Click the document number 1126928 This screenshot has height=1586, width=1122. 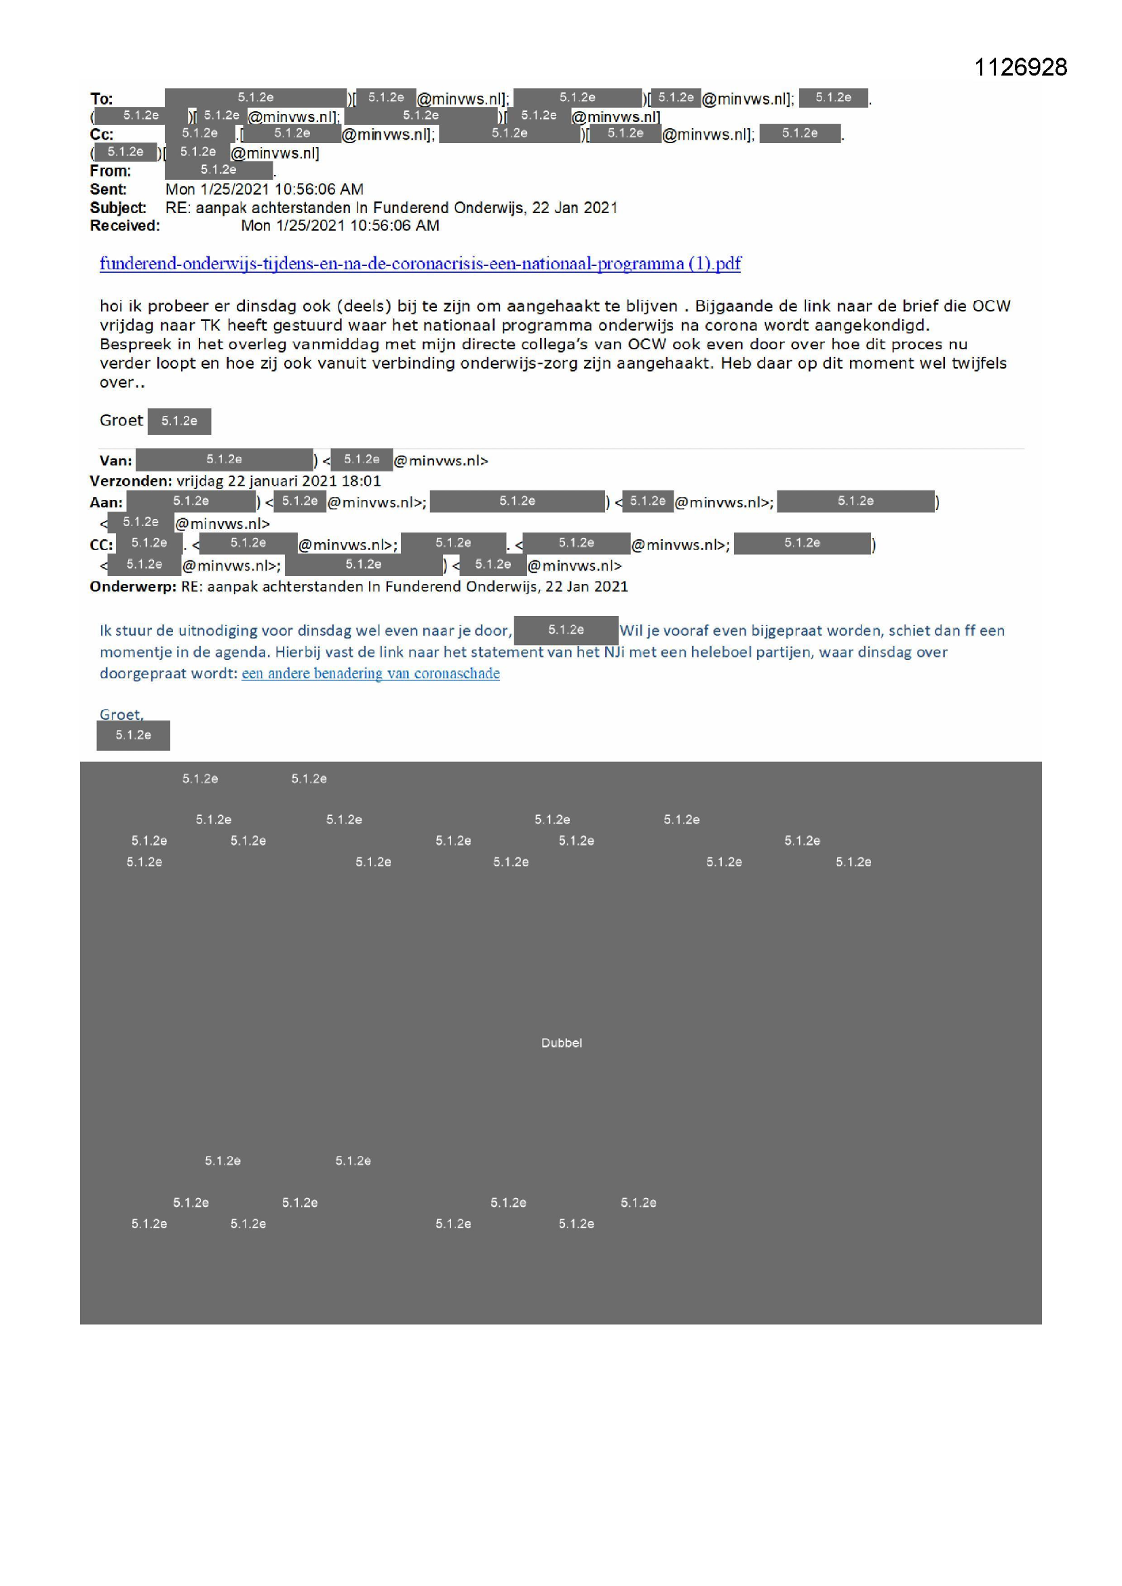pos(1020,67)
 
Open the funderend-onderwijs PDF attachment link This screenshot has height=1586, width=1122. pos(419,263)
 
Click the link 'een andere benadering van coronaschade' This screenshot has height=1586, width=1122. pos(370,674)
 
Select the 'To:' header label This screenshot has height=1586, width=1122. pos(102,99)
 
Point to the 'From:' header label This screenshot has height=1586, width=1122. pos(110,171)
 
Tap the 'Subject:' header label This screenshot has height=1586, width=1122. pos(117,207)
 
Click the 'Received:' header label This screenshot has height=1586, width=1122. pos(124,225)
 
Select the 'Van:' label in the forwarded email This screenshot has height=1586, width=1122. pos(115,461)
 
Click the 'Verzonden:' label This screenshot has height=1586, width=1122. pos(130,481)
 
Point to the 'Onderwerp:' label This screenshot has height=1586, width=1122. pos(133,587)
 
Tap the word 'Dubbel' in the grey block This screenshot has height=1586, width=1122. pos(561,1043)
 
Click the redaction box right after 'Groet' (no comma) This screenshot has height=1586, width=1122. pos(179,421)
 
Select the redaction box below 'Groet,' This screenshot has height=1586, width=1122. pos(134,735)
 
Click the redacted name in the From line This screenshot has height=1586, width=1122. pos(218,169)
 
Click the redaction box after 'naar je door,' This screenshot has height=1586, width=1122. pos(566,630)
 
